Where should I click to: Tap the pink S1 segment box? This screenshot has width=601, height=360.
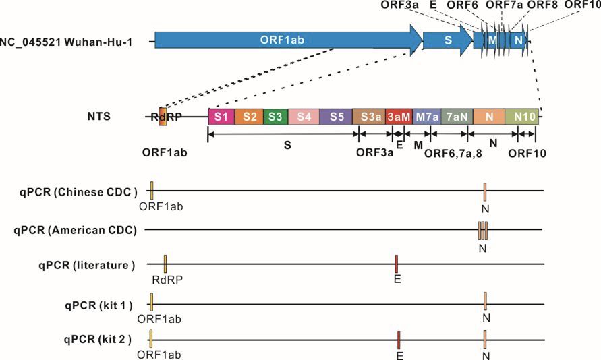click(x=221, y=117)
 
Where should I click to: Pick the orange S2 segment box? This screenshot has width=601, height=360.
click(x=249, y=117)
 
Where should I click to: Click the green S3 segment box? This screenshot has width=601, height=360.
click(x=276, y=117)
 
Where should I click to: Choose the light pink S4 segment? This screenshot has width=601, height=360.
click(x=304, y=117)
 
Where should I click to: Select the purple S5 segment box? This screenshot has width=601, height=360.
click(x=336, y=117)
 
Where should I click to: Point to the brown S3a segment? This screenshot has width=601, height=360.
click(x=369, y=117)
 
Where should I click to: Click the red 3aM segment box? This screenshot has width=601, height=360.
click(x=399, y=117)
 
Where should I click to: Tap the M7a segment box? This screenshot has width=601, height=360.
click(x=427, y=117)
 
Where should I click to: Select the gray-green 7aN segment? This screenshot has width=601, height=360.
click(x=457, y=117)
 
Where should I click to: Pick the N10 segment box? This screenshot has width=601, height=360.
click(x=521, y=117)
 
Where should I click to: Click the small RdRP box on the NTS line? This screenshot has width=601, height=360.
click(x=163, y=117)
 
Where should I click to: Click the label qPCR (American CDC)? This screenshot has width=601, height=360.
click(x=75, y=230)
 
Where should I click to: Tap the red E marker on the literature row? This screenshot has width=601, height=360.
click(x=397, y=264)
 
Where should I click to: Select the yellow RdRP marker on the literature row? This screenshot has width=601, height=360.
click(x=165, y=264)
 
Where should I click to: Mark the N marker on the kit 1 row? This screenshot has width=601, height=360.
click(x=485, y=301)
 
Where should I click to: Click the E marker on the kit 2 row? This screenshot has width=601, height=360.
click(x=399, y=340)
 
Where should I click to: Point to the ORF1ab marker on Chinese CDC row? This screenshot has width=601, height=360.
click(x=152, y=190)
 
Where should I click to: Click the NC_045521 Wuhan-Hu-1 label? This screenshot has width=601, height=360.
click(x=66, y=42)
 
